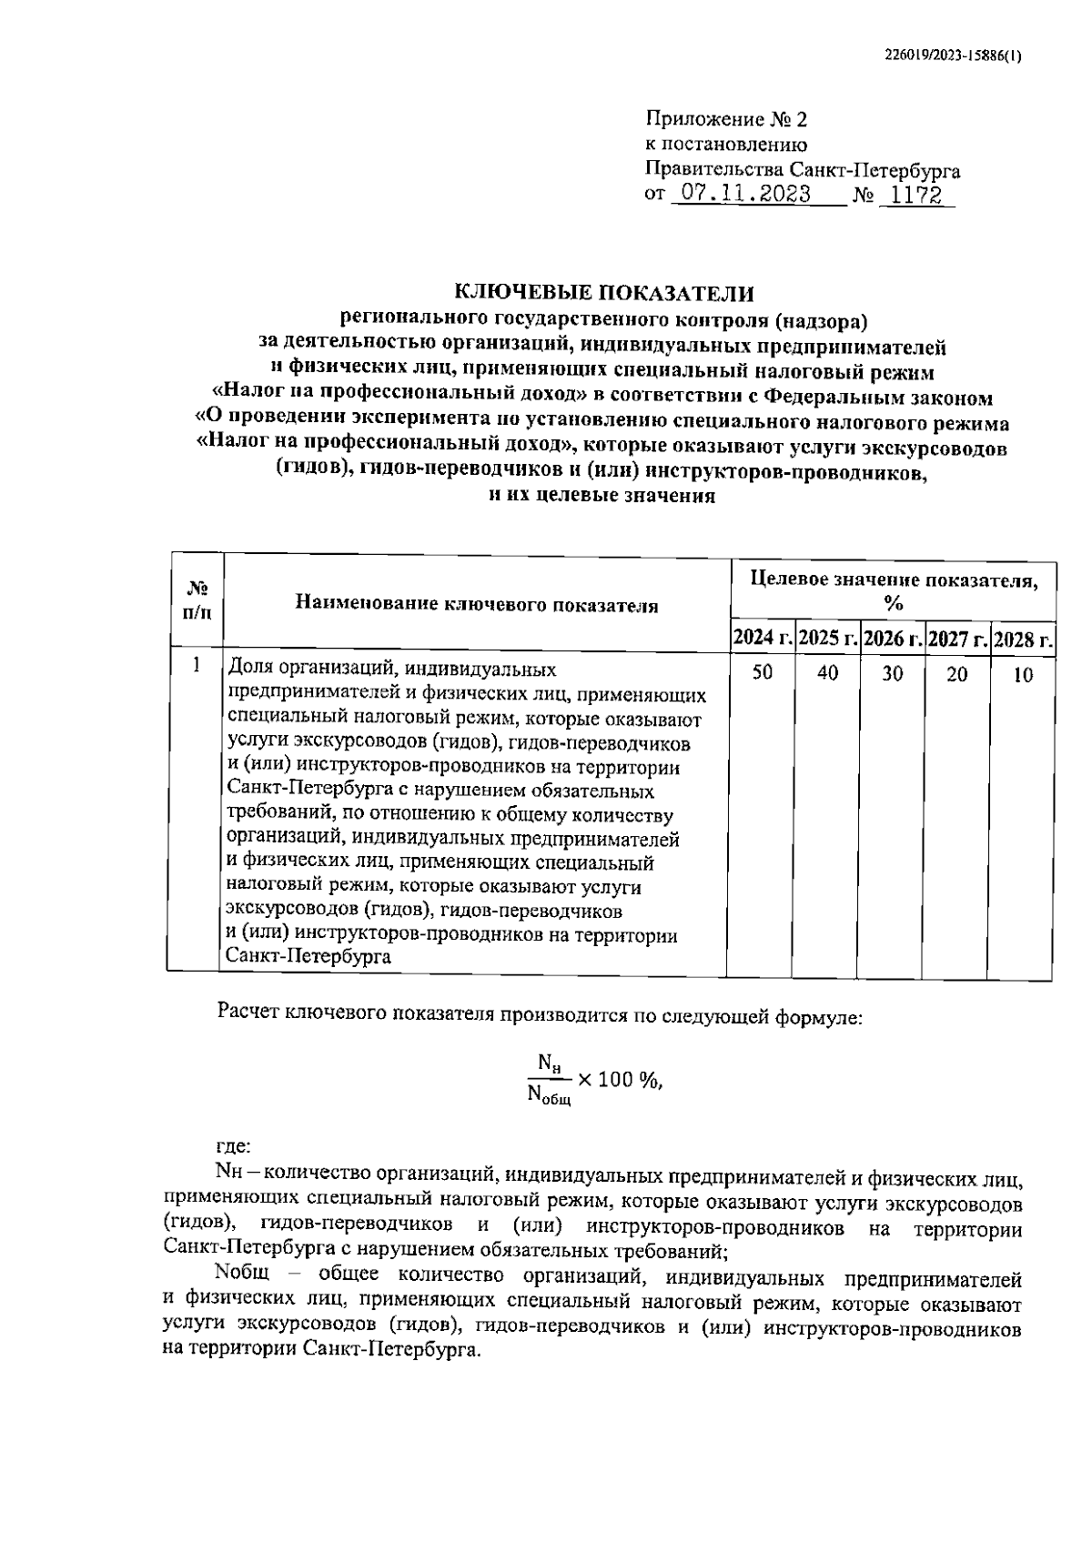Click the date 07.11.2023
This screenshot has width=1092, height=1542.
point(740,195)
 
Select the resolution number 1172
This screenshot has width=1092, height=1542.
point(915,195)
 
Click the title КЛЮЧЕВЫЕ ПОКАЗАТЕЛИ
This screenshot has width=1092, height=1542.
point(604,293)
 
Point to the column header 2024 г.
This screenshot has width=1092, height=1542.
point(763,639)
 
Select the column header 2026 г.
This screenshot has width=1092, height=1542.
point(894,639)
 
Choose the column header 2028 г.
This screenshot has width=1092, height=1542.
point(1024,639)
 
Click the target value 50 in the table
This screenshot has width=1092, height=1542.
point(763,673)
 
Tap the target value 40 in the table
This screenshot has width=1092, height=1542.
point(827,673)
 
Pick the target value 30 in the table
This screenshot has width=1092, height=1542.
point(893,674)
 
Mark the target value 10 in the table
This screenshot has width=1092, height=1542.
point(1023,675)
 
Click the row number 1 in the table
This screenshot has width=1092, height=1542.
point(197,665)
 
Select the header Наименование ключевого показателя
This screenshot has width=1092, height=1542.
point(476,604)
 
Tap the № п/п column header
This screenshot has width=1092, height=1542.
point(197,600)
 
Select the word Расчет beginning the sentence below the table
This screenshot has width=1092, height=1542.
point(248,1013)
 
